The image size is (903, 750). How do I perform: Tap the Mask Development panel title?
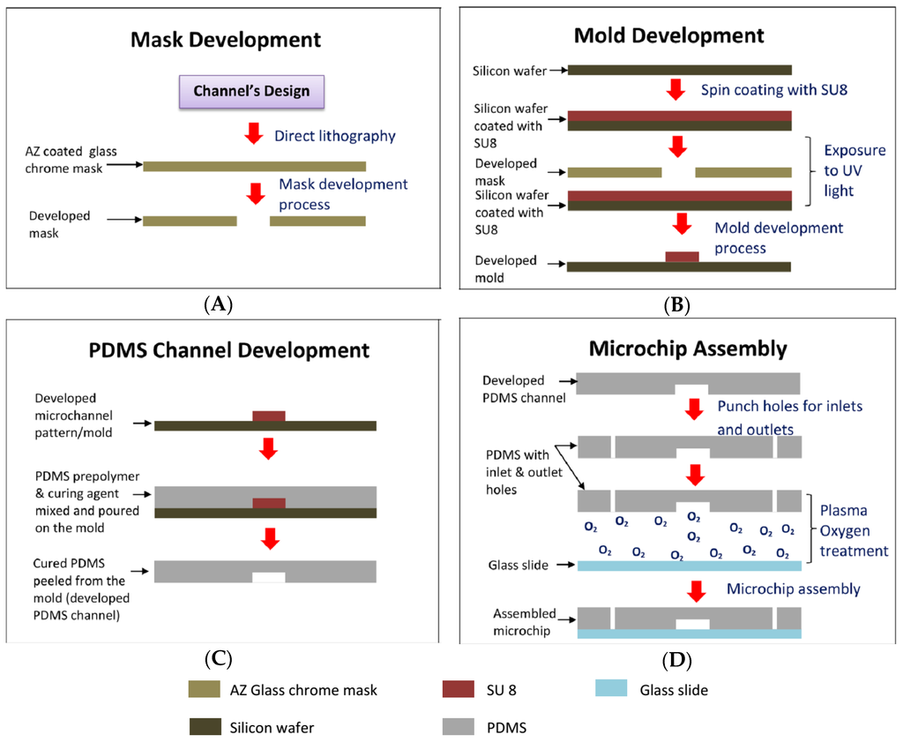225,40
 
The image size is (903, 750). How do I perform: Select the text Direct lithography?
334,136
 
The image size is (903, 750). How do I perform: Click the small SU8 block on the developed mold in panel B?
682,257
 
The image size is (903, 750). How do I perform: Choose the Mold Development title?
668,36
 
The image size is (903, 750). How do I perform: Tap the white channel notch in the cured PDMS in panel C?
268,577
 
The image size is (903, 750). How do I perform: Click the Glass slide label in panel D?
521,566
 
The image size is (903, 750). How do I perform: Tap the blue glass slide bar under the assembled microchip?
689,634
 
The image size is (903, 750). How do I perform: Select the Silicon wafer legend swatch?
205,727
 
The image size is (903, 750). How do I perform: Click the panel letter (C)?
218,658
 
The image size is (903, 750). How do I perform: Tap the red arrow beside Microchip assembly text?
697,590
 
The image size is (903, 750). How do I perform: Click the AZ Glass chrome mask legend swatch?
205,690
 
